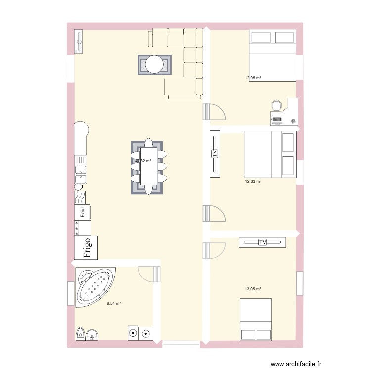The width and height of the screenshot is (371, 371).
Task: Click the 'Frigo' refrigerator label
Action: click(x=87, y=247)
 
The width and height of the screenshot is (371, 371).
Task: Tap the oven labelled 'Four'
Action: click(x=83, y=212)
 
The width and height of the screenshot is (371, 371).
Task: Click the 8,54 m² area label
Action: click(x=114, y=305)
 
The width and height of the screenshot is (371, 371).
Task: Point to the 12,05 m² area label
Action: click(x=253, y=78)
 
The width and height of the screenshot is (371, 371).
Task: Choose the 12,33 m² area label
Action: click(x=253, y=181)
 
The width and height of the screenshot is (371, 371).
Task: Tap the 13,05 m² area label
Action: click(x=253, y=289)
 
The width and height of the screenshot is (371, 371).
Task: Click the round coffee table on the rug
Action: click(x=154, y=64)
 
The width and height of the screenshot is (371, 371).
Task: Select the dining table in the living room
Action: click(x=148, y=166)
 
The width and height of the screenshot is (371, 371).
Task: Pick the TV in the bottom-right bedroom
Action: click(x=262, y=242)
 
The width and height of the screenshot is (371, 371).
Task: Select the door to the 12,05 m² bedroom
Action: click(x=215, y=112)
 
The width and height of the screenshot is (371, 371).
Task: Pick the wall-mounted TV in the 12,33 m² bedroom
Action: click(x=214, y=154)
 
